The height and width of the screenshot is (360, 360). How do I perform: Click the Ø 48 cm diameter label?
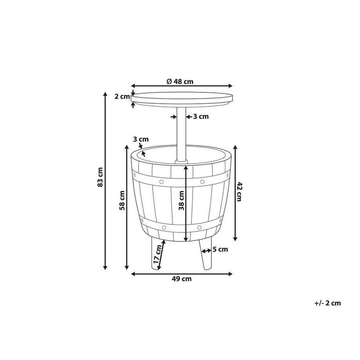point(180,81)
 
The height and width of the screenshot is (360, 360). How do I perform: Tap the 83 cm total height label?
point(100,177)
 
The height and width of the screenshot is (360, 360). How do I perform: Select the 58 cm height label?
point(122,200)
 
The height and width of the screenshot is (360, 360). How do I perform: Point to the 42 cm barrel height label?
point(239,191)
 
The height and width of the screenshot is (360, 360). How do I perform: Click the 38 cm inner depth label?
point(182,200)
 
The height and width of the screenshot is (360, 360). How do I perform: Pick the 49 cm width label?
point(182,279)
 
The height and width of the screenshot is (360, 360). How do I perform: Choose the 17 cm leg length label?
point(157,254)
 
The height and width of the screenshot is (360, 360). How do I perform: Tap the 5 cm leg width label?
point(220,249)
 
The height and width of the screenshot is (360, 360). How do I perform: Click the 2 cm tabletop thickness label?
point(122,96)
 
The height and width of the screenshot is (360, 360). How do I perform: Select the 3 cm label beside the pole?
point(201,116)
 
